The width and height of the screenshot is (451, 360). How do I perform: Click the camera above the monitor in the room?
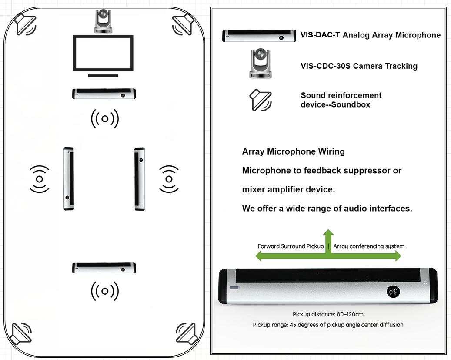tap(104, 22)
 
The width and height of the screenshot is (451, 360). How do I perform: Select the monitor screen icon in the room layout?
tap(103, 54)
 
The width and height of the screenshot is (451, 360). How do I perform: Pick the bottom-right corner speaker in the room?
tap(186, 334)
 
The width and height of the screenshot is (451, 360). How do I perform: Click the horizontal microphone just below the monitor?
tap(104, 94)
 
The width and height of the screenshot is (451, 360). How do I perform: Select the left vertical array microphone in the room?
tap(69, 179)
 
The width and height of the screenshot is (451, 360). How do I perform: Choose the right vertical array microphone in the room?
tap(140, 179)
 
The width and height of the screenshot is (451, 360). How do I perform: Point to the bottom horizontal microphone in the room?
tap(104, 268)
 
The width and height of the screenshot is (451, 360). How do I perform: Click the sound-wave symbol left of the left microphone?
tap(39, 179)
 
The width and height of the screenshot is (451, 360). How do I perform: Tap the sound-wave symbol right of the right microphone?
tap(169, 179)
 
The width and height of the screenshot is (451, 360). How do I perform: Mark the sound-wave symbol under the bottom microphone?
tap(104, 291)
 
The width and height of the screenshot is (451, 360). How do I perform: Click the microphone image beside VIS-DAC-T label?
tap(257, 36)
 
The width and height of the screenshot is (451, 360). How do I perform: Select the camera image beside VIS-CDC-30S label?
tap(261, 64)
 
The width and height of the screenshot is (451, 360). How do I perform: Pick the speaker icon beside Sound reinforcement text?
tap(261, 100)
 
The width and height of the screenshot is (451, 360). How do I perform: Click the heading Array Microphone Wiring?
tap(293, 151)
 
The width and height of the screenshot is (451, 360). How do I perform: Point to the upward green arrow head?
tap(328, 234)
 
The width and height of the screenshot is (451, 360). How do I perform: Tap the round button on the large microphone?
tap(395, 292)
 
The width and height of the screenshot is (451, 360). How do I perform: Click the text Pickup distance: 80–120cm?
tap(328, 314)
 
